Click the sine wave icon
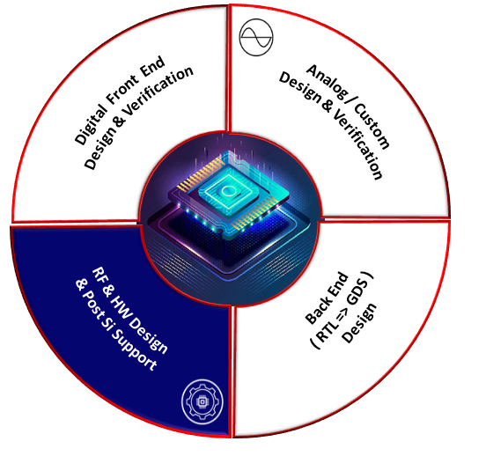(256, 37)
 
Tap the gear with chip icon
(202, 401)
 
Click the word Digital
(91, 125)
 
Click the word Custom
(372, 127)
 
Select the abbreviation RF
(99, 276)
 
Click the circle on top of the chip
(229, 191)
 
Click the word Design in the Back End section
(359, 323)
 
